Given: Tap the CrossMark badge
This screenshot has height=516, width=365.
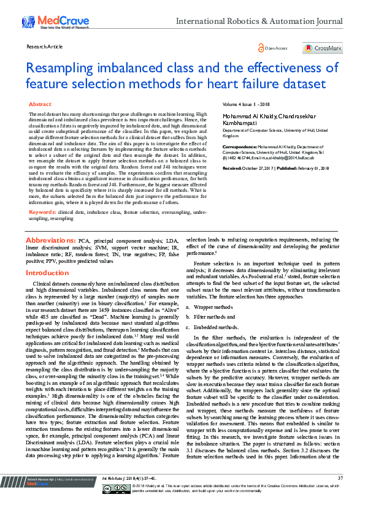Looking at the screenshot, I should (x=322, y=48).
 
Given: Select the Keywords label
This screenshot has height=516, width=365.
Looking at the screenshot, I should (x=42, y=194).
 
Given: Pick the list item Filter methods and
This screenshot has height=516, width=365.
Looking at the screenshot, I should (x=214, y=317).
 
